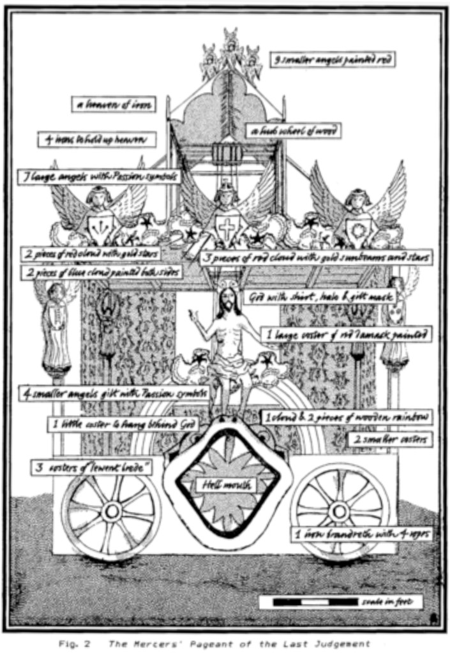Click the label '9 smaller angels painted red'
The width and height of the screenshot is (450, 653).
coord(331,59)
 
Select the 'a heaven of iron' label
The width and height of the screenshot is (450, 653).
coord(114,105)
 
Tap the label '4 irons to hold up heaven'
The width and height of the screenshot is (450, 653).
coord(96,140)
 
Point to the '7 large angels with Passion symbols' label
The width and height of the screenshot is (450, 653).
coord(99,176)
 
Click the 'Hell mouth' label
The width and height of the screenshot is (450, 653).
coord(220,484)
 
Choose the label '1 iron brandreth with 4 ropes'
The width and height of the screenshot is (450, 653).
coord(360,534)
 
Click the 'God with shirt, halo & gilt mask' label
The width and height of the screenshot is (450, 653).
coord(320,297)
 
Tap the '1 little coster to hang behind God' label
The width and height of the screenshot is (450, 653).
coord(123,424)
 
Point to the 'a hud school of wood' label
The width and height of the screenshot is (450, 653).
coord(293,131)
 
